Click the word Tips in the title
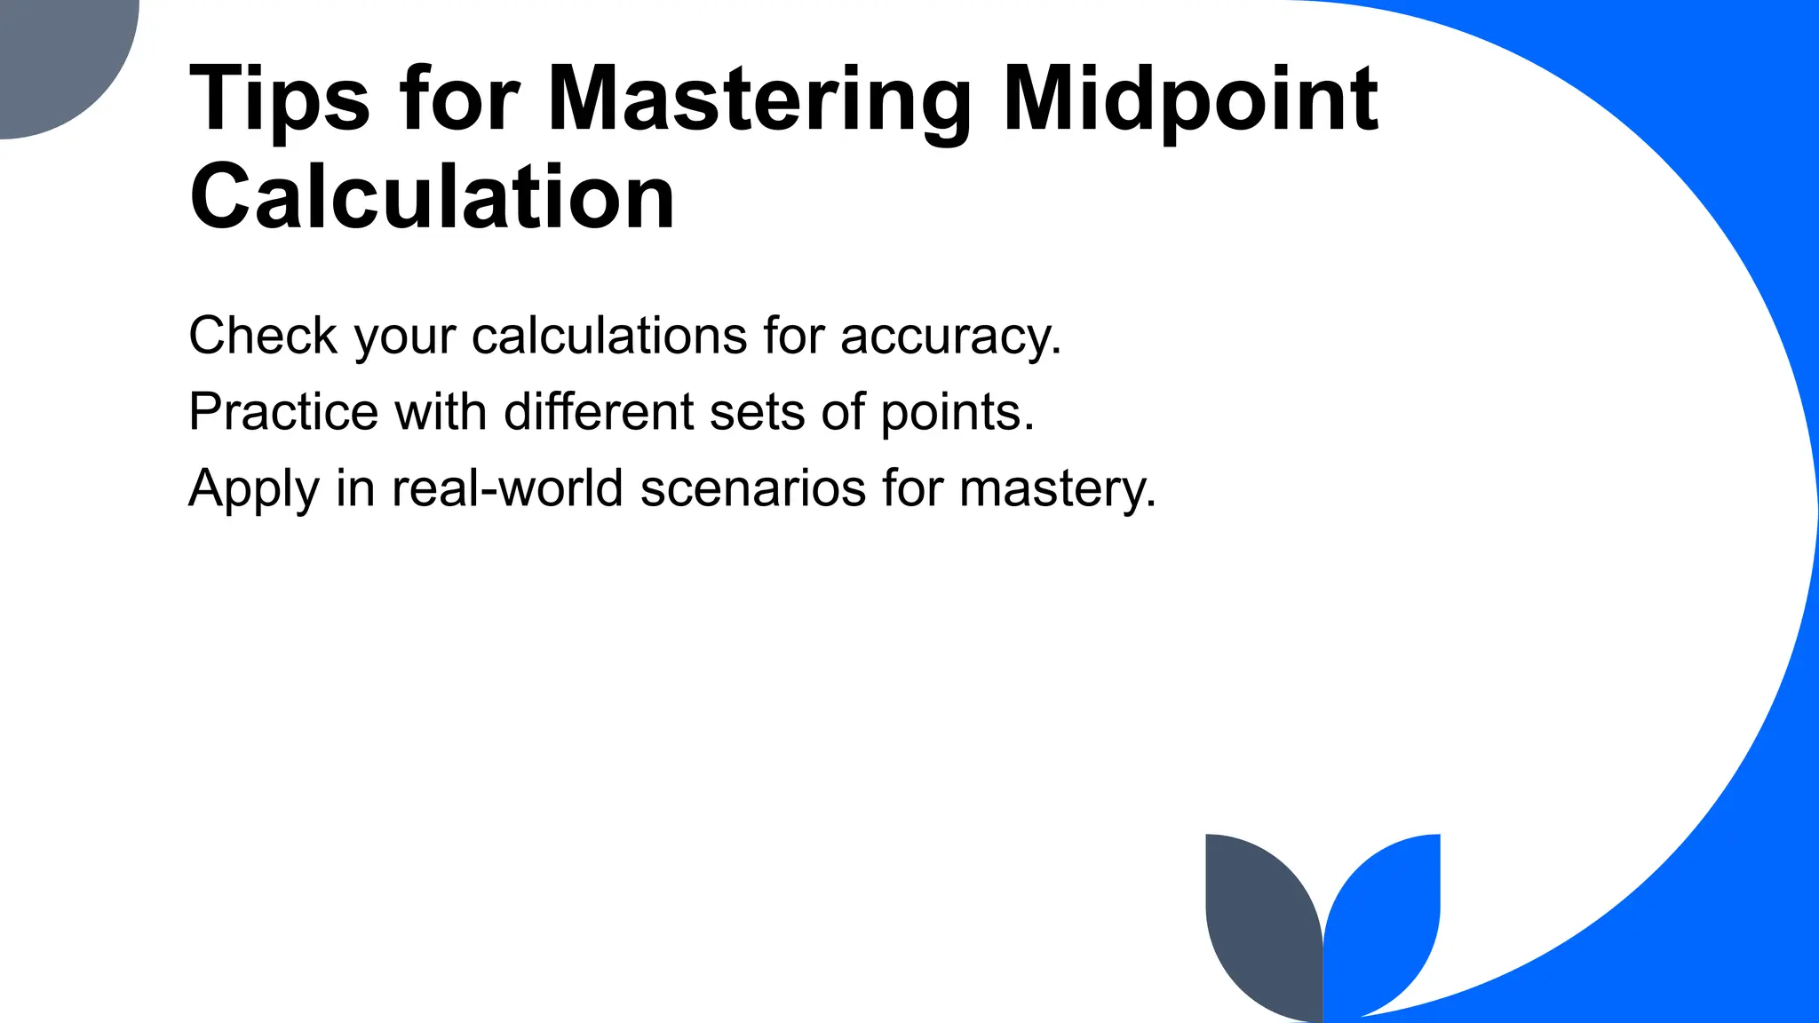[x=279, y=99]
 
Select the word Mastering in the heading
[x=759, y=99]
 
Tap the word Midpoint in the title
[x=1190, y=99]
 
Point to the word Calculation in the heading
[x=433, y=197]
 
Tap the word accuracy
[x=950, y=337]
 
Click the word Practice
[x=283, y=412]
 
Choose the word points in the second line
[x=957, y=414]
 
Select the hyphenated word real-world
[x=507, y=488]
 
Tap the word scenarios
[x=752, y=488]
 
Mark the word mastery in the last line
[x=1058, y=490]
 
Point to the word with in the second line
[x=441, y=412]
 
